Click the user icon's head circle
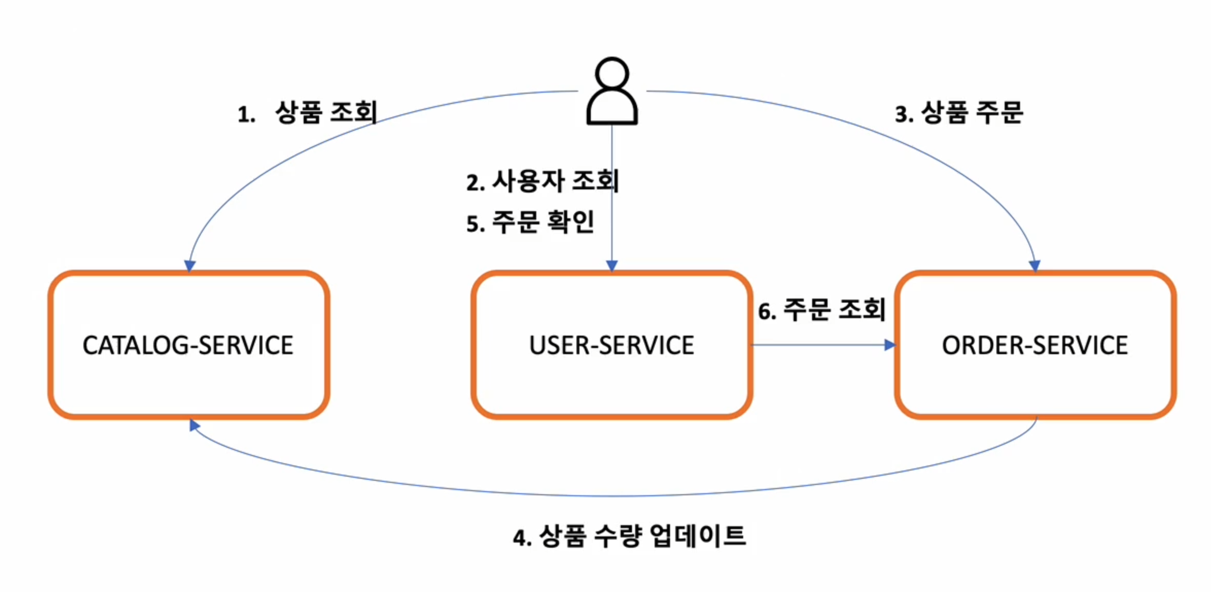click(x=611, y=74)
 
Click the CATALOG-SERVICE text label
click(x=188, y=345)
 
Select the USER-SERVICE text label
click(x=611, y=345)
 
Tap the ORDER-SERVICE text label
click(x=1034, y=345)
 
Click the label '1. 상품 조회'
click(x=308, y=113)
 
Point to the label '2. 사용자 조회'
click(x=542, y=181)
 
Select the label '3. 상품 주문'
click(x=958, y=113)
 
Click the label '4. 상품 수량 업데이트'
click(x=629, y=536)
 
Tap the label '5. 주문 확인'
click(x=530, y=222)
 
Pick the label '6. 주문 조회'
click(x=821, y=310)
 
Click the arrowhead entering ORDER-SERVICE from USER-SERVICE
click(x=889, y=345)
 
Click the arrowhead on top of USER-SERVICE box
click(x=611, y=266)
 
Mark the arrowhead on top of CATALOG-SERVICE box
click(x=189, y=266)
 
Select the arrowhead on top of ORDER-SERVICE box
click(x=1034, y=266)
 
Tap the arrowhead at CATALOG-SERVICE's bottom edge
click(x=194, y=425)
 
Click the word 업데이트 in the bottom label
click(x=697, y=536)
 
